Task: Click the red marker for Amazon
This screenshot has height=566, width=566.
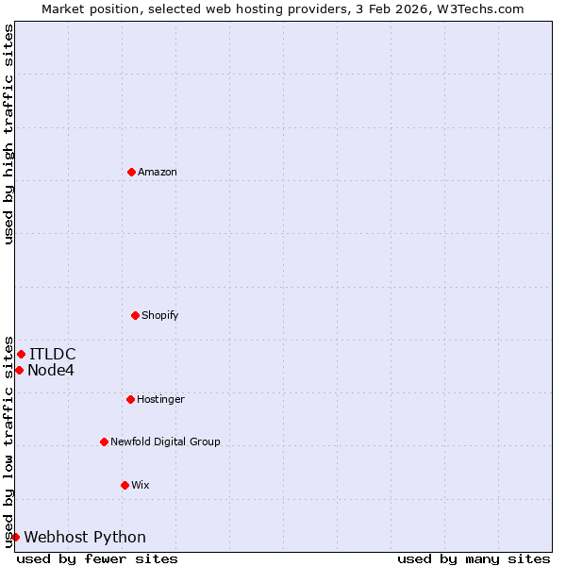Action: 131,172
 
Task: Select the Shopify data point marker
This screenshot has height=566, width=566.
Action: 135,315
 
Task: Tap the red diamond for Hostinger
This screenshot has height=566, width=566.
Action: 130,399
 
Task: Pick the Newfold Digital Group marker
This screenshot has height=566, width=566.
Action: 104,441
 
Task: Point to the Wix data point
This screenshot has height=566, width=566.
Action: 125,485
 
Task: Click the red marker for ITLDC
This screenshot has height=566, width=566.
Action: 21,354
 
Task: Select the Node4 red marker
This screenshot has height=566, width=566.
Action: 19,370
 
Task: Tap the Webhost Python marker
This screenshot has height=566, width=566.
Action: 15,537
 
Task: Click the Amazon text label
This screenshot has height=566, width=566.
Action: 158,172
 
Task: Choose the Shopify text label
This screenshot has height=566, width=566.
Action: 160,315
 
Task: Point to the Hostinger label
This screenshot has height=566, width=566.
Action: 160,399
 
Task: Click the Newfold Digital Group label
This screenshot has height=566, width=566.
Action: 165,441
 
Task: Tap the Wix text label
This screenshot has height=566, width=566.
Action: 141,485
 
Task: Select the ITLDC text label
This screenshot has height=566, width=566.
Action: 53,354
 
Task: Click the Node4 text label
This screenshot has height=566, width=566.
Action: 51,370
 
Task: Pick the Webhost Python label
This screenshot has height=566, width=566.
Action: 85,537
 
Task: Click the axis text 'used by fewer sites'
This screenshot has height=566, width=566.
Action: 97,558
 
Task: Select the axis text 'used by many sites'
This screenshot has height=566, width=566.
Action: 474,558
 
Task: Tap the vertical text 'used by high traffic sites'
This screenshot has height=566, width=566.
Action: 8,134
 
